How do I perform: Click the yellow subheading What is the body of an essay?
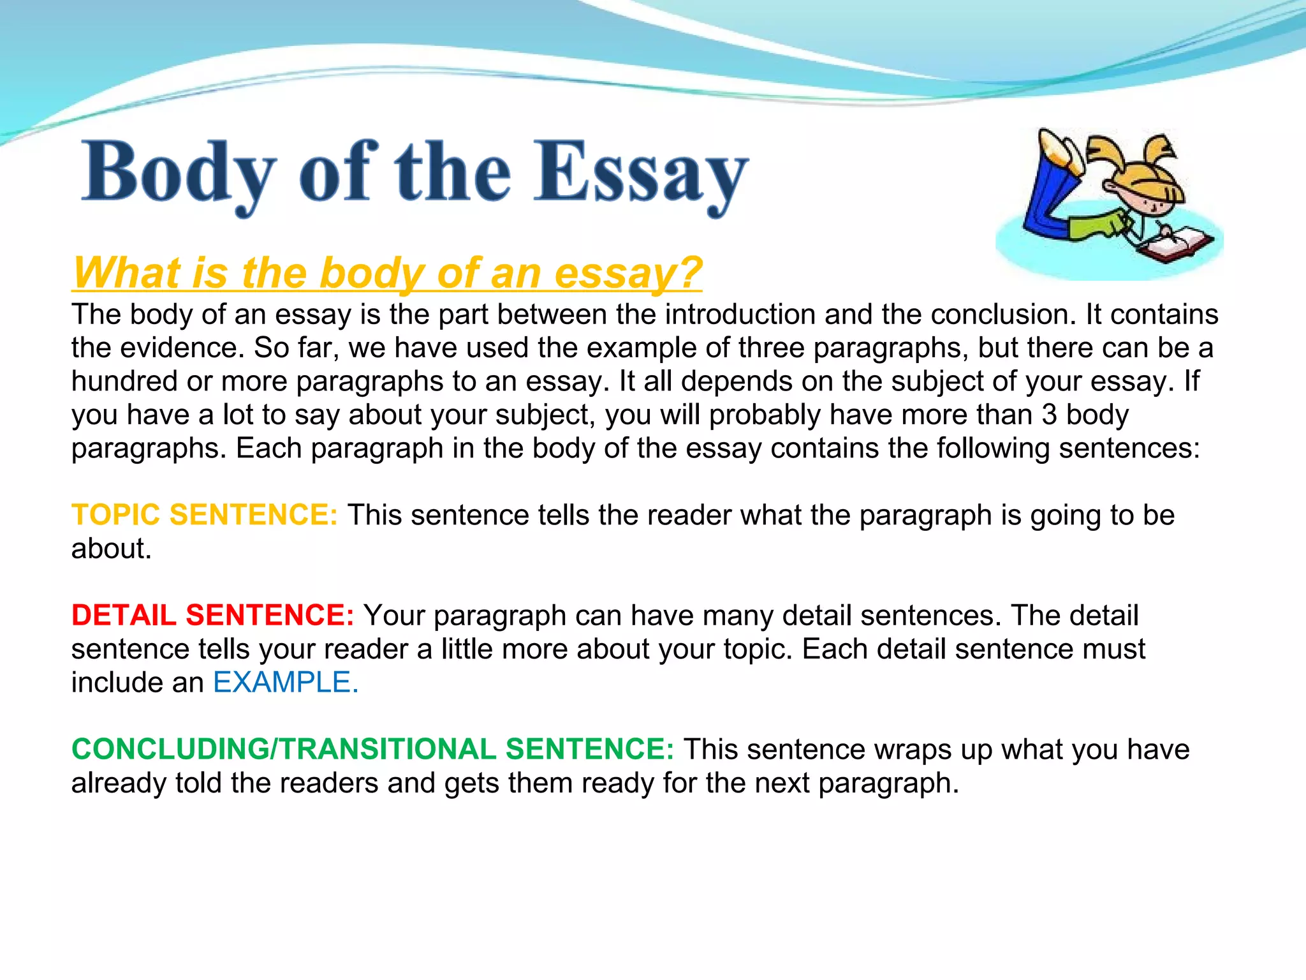[x=387, y=273]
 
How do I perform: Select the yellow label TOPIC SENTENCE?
[x=204, y=515]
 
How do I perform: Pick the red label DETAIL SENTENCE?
[x=212, y=615]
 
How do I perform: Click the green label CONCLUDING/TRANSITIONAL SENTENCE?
[x=372, y=749]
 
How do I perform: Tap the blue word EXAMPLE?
[x=285, y=683]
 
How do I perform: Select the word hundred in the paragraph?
[x=124, y=382]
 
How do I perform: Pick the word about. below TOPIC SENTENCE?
[x=111, y=549]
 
